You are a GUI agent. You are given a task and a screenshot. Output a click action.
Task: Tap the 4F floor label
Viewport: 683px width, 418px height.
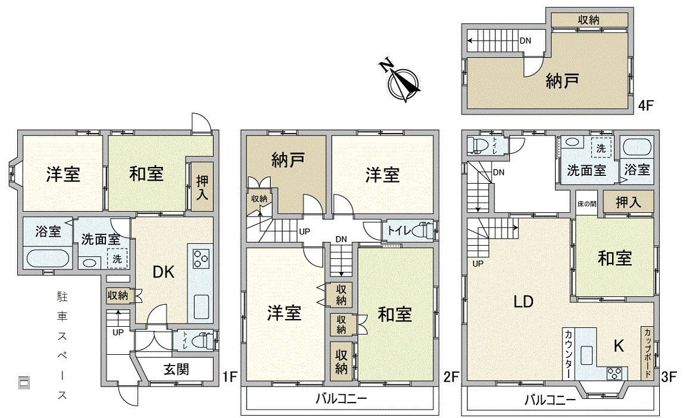pyautogui.click(x=645, y=106)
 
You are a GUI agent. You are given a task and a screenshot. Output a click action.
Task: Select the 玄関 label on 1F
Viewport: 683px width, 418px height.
pyautogui.click(x=176, y=370)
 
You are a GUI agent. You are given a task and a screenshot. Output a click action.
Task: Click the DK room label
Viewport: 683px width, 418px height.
pyautogui.click(x=163, y=273)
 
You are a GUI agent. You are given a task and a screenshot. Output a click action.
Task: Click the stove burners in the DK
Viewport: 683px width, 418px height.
pyautogui.click(x=200, y=259)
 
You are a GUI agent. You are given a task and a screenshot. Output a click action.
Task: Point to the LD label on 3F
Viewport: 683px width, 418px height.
pyautogui.click(x=523, y=301)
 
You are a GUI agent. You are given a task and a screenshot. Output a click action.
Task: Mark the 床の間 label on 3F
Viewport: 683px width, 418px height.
pyautogui.click(x=586, y=204)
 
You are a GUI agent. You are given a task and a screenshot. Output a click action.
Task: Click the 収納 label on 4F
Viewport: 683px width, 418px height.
pyautogui.click(x=588, y=20)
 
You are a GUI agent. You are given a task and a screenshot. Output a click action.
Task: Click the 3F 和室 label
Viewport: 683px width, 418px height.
pyautogui.click(x=615, y=258)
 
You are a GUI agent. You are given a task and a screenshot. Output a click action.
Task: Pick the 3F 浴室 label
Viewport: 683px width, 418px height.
pyautogui.click(x=637, y=169)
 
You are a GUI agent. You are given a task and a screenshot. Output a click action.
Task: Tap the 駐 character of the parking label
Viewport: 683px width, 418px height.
pyautogui.click(x=61, y=296)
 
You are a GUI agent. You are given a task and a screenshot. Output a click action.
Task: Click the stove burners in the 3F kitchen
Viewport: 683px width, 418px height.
pyautogui.click(x=613, y=373)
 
